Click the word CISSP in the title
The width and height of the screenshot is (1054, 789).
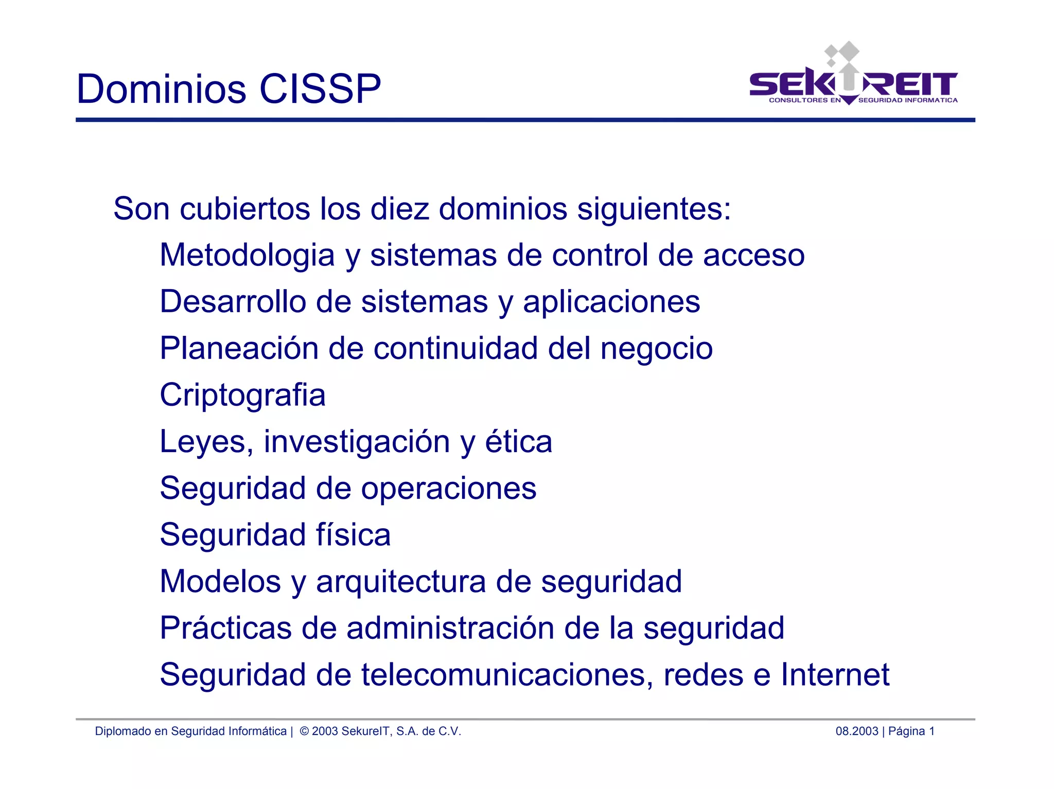320,89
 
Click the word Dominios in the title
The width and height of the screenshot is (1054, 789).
161,89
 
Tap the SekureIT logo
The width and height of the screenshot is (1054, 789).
853,77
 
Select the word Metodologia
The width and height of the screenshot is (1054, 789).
247,256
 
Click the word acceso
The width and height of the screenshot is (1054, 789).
753,256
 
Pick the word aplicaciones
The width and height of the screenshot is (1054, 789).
611,302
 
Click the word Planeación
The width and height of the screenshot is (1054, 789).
239,348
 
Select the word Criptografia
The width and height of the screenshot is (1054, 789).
242,396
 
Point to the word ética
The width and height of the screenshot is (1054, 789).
518,442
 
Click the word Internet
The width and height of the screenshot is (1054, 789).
835,675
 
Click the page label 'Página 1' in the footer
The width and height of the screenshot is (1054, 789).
911,731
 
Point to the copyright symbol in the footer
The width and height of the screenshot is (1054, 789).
304,731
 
